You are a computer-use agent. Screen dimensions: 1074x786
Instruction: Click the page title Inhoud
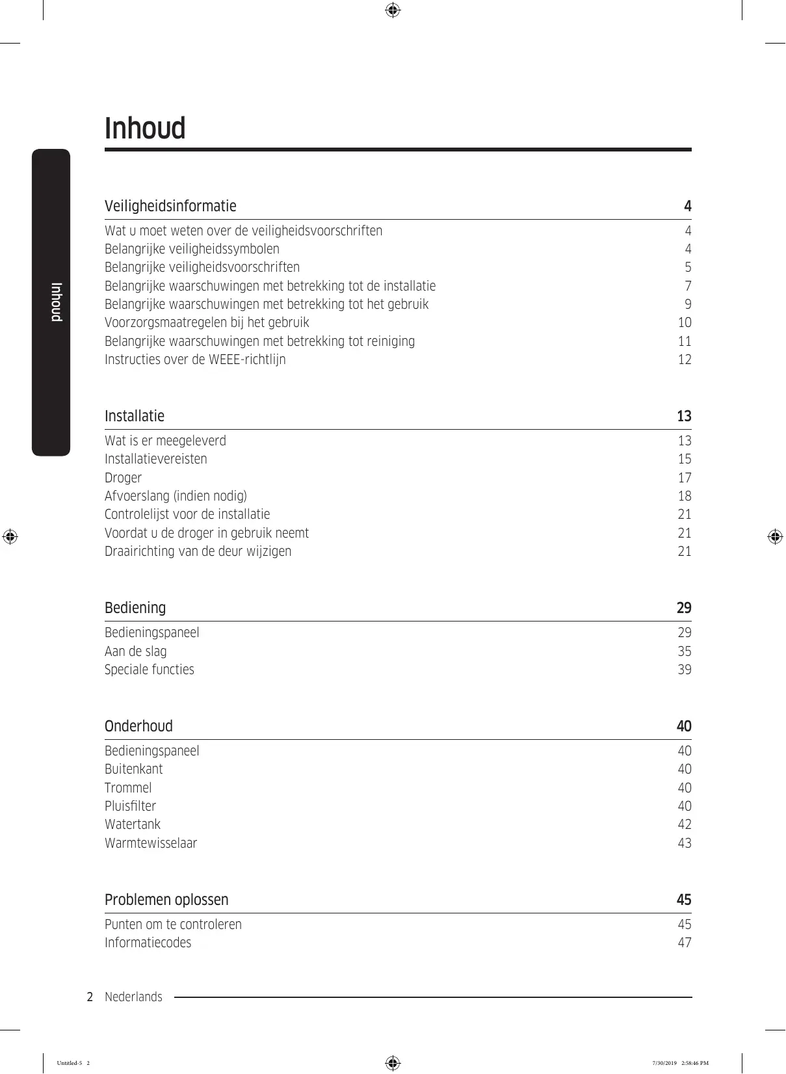click(145, 128)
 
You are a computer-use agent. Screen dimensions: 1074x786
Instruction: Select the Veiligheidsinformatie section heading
click(170, 206)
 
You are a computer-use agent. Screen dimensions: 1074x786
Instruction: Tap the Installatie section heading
click(135, 416)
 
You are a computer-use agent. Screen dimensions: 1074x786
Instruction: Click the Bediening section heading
click(135, 608)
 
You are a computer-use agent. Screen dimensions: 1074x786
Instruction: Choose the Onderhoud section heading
click(138, 726)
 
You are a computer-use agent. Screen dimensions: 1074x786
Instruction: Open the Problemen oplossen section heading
click(166, 900)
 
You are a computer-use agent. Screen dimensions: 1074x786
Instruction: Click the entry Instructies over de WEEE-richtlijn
click(195, 360)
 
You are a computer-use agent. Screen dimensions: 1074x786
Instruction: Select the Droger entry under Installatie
click(123, 478)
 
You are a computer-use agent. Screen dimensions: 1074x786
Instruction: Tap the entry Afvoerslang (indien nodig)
click(176, 496)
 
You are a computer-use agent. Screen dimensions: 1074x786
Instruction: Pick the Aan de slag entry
click(135, 651)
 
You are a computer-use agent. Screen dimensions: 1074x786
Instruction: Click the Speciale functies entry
click(149, 670)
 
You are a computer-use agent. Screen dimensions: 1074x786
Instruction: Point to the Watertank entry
click(132, 824)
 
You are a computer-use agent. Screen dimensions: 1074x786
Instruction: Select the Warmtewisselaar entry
click(150, 843)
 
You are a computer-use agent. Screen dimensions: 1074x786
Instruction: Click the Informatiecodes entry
click(148, 943)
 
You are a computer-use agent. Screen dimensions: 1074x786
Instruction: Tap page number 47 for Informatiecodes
click(684, 943)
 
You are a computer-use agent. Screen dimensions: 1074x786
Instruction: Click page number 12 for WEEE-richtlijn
click(684, 360)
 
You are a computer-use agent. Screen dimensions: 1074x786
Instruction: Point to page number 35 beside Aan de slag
click(684, 651)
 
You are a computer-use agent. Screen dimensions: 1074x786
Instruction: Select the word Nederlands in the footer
click(133, 997)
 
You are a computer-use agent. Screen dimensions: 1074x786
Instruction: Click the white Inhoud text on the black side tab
click(57, 302)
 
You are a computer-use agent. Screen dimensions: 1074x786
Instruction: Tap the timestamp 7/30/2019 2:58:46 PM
click(680, 1064)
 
